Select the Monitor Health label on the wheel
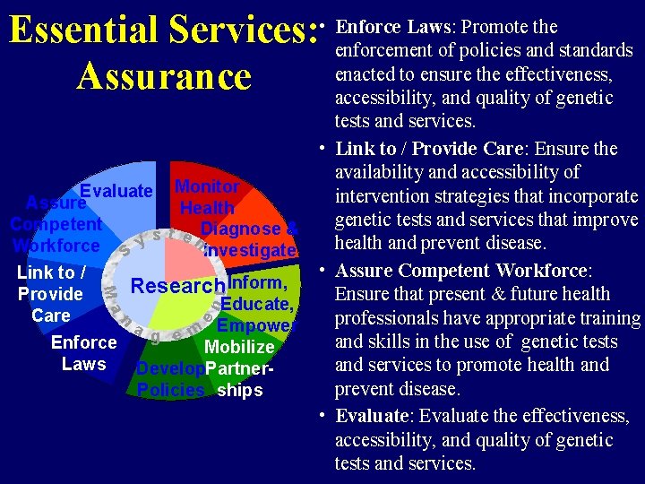[x=207, y=197]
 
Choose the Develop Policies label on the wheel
[x=169, y=379]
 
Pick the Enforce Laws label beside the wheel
[x=83, y=353]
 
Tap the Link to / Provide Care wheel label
[x=51, y=293]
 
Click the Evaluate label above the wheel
[x=116, y=191]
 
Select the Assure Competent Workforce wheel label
[x=56, y=224]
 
